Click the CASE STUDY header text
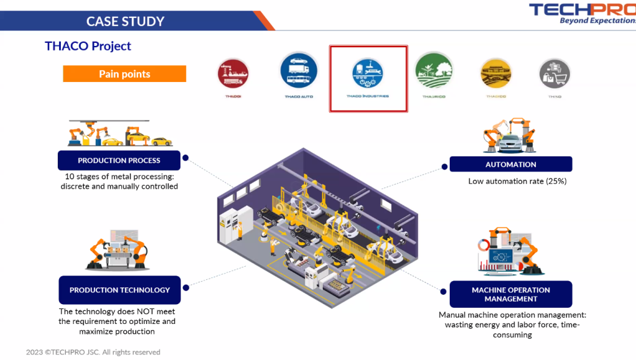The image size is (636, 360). [x=125, y=21]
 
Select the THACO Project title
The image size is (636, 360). [x=88, y=46]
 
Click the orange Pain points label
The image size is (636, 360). [x=124, y=74]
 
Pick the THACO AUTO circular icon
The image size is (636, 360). [x=299, y=71]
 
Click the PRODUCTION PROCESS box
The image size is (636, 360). [x=119, y=160]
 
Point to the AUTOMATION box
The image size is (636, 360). [x=511, y=164]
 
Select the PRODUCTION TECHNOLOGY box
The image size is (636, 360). [x=120, y=290]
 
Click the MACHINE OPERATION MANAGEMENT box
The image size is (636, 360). [x=511, y=294]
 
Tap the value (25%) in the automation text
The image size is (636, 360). [x=556, y=181]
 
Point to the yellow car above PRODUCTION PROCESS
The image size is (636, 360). [x=161, y=141]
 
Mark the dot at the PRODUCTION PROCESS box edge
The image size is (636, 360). [x=185, y=158]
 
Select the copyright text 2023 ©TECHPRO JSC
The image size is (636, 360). [x=93, y=352]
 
